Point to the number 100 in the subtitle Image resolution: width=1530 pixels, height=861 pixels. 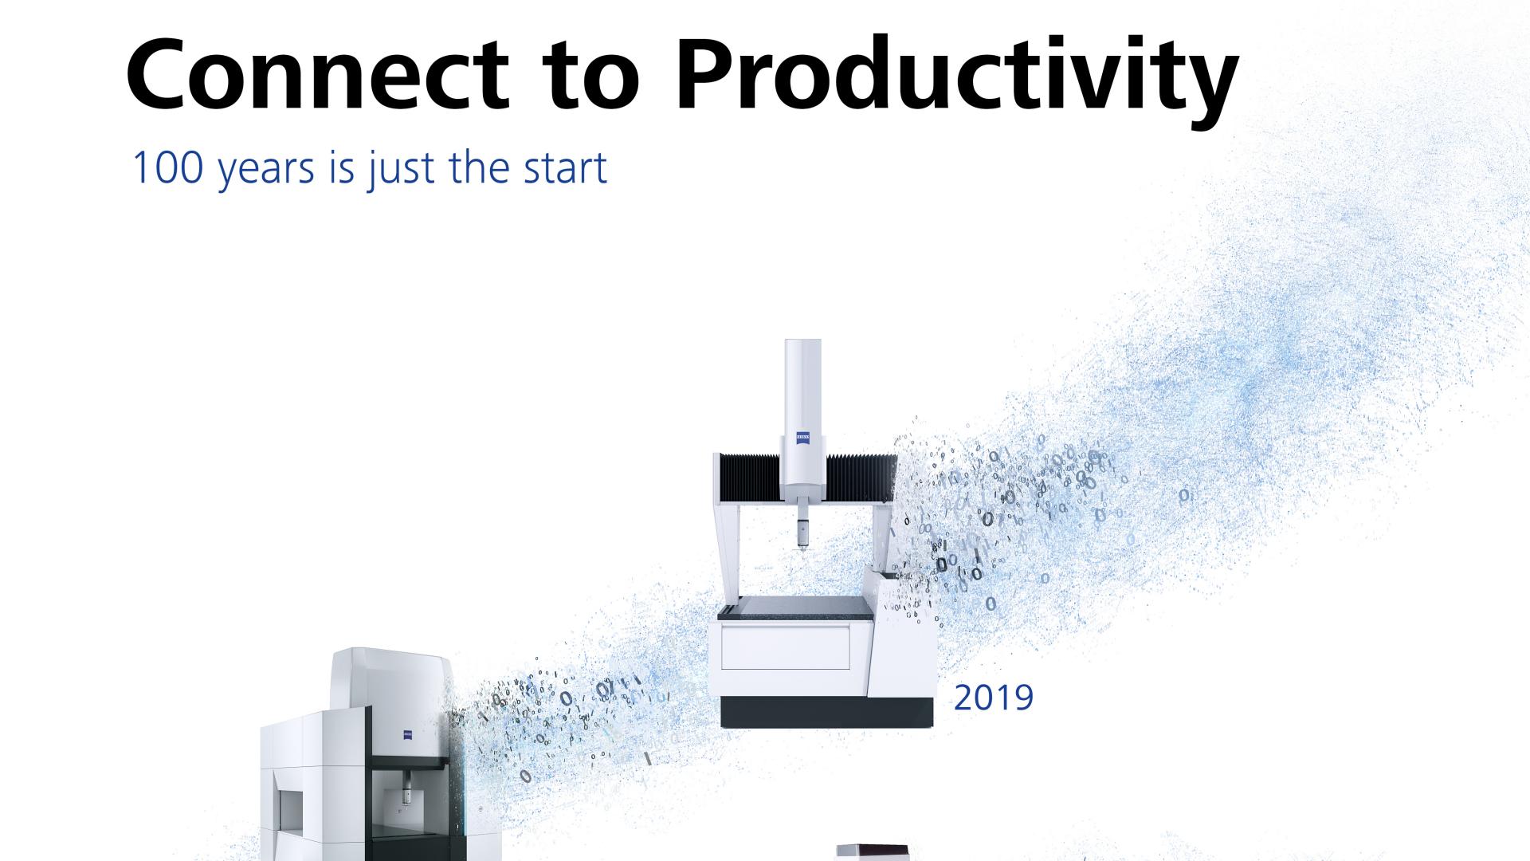point(165,167)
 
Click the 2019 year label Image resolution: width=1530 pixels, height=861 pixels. point(994,698)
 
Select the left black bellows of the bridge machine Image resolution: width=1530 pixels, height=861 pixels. point(749,478)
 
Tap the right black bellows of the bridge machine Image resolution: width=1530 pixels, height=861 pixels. point(861,478)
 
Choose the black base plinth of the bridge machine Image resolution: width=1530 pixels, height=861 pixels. point(827,712)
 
